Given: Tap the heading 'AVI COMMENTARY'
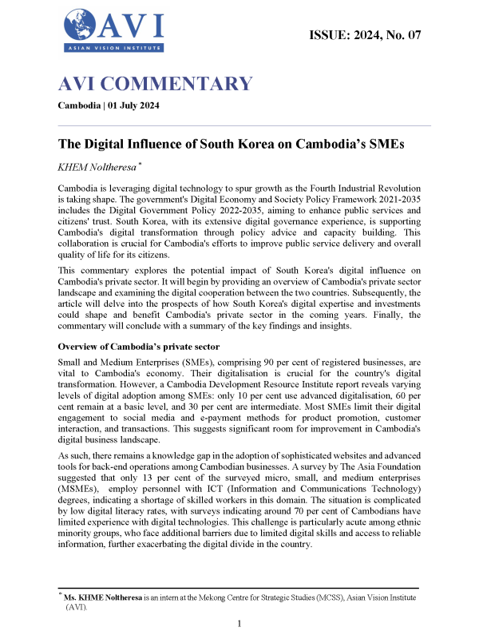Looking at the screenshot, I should pyautogui.click(x=155, y=84).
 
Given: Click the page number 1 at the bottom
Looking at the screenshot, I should pyautogui.click(x=240, y=622).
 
